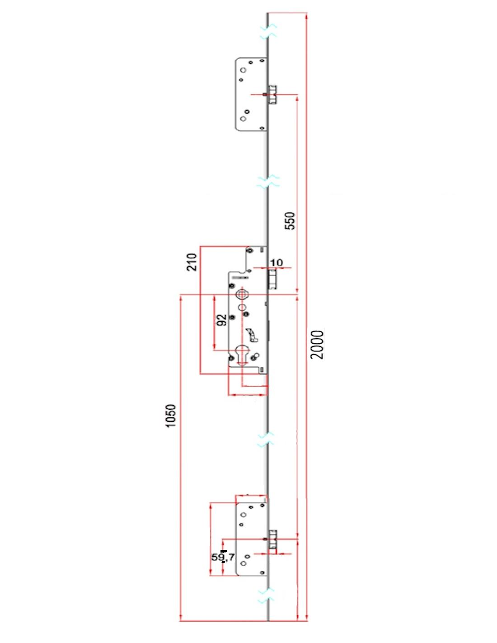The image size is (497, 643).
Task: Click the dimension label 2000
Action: point(317,344)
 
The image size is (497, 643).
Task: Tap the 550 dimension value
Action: point(290,221)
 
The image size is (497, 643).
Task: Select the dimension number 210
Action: point(192,262)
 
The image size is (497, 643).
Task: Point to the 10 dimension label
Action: point(276,262)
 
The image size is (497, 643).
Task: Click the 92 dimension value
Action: point(222,320)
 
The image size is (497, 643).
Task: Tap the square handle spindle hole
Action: point(242,294)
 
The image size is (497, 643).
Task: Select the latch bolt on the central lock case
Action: point(272,279)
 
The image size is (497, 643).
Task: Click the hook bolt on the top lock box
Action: point(272,95)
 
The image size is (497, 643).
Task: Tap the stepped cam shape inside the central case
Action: point(252,335)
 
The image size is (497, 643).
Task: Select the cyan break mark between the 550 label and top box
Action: point(268,181)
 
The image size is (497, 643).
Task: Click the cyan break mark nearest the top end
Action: point(268,31)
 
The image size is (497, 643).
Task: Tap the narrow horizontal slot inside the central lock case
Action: point(240,278)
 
